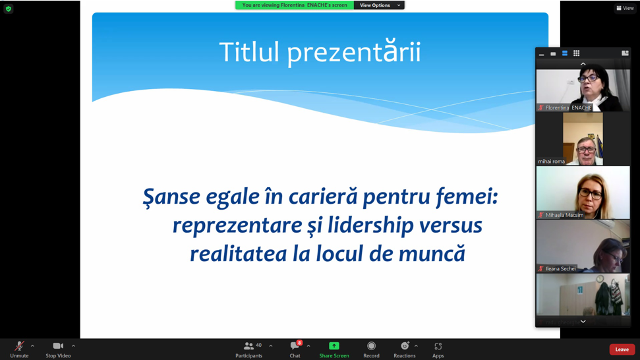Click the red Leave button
coord(622,349)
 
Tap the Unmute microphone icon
coord(19,346)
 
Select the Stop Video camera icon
coord(58,346)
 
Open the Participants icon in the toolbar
coord(248,346)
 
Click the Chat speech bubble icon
coord(295,346)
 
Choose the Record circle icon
coord(371,346)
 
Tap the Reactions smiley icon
coord(405,346)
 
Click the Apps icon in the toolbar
coord(438,346)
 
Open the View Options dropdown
coord(379,5)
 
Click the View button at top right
coord(625,8)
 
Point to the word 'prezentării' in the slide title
coord(353,52)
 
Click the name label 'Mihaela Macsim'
coord(564,215)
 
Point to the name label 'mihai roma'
coord(551,162)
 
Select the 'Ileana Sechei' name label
coord(560,268)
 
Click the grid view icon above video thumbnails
coord(576,53)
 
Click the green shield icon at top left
coord(9,9)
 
